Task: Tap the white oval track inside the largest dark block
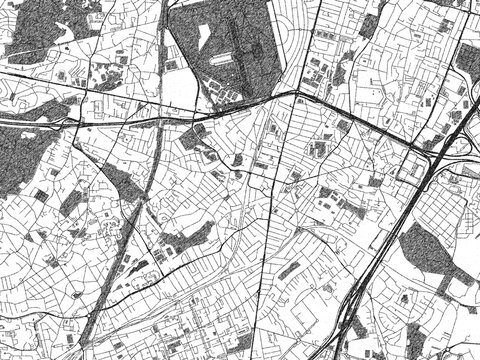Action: [238, 45]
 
